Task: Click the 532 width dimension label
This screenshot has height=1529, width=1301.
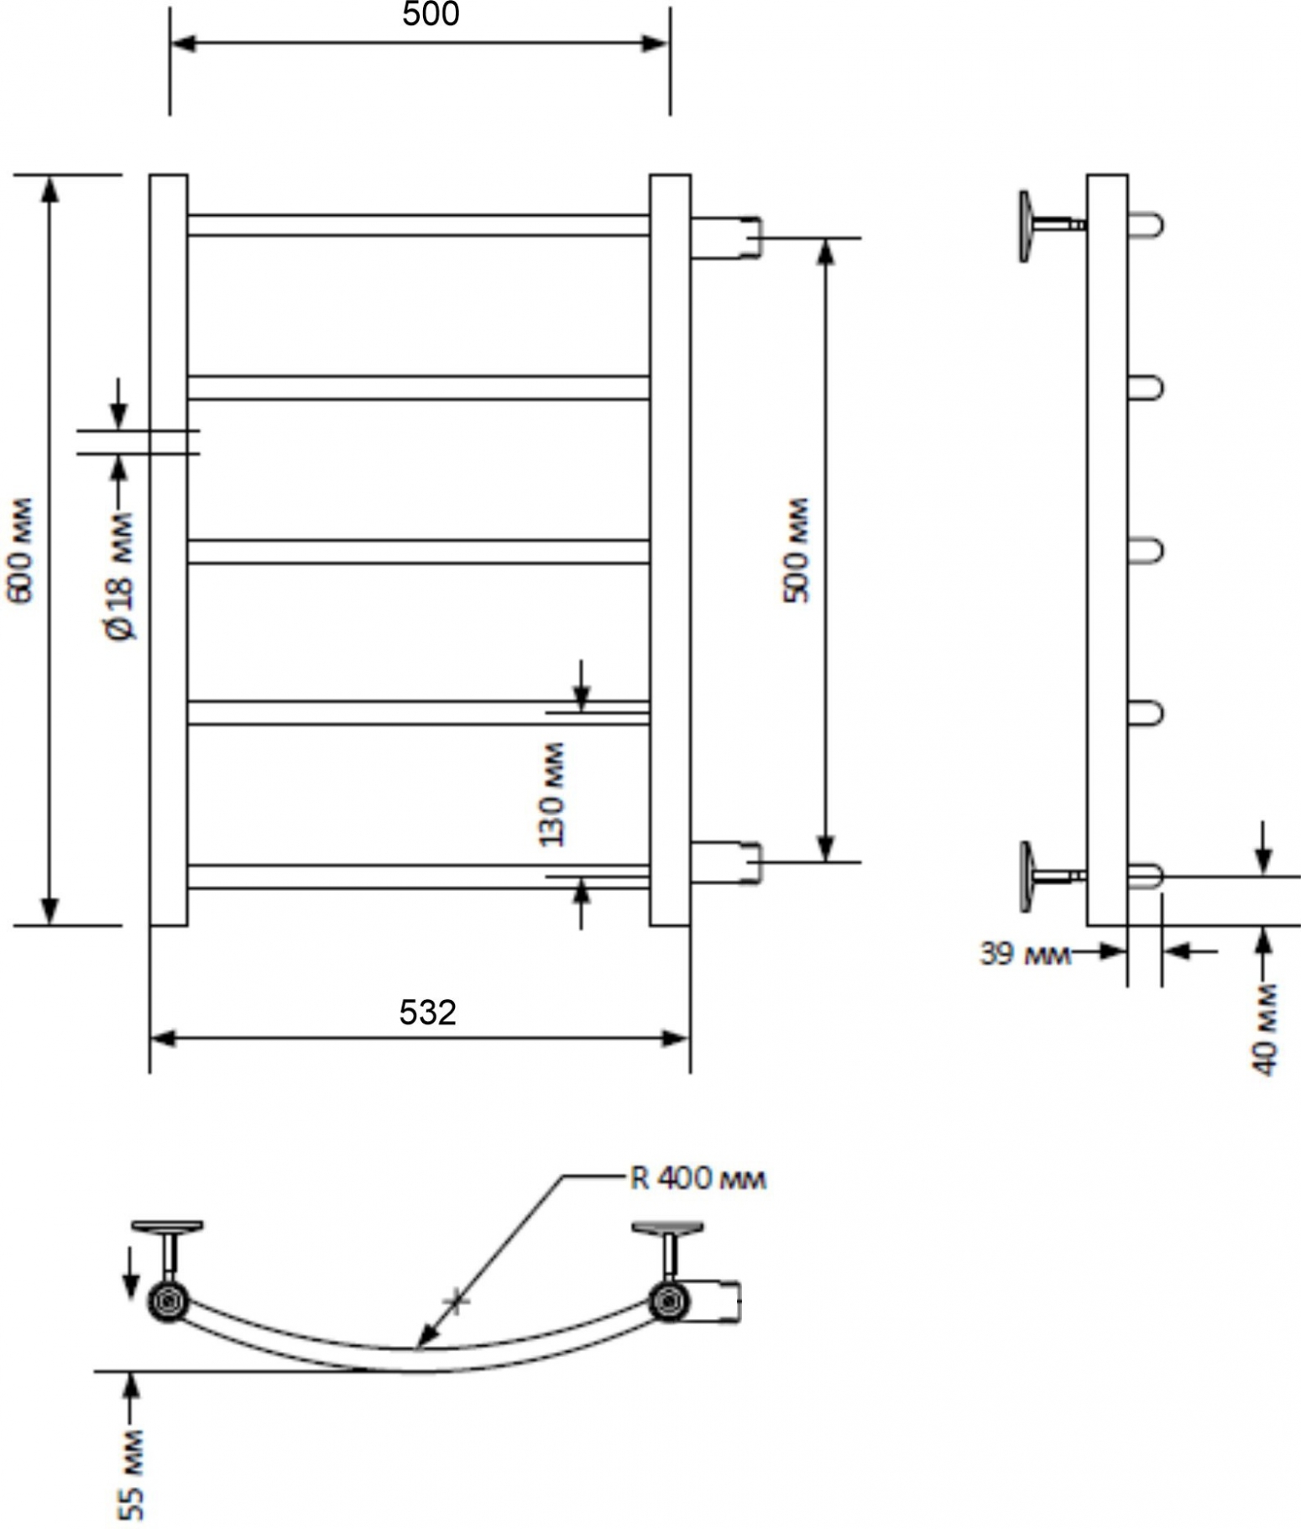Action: pyautogui.click(x=428, y=1013)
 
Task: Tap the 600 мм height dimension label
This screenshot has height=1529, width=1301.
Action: pyautogui.click(x=20, y=551)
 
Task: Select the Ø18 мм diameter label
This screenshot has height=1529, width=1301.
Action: pyautogui.click(x=121, y=576)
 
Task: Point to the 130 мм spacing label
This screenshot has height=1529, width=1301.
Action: pyautogui.click(x=551, y=794)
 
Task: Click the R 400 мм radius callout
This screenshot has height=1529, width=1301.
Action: pyautogui.click(x=698, y=1179)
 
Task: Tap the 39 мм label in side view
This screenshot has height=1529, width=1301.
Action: pyautogui.click(x=1025, y=954)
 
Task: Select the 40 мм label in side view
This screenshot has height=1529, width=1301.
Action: pyautogui.click(x=1265, y=1029)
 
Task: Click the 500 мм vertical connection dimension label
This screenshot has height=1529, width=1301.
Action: pyautogui.click(x=797, y=551)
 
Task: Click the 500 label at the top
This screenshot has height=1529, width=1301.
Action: pyautogui.click(x=431, y=14)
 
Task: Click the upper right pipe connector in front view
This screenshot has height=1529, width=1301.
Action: pyautogui.click(x=727, y=238)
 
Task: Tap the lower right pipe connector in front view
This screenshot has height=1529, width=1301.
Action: pyautogui.click(x=727, y=862)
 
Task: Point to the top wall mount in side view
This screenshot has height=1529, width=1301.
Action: pyautogui.click(x=1052, y=226)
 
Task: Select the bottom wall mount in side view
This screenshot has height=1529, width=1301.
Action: pyautogui.click(x=1052, y=877)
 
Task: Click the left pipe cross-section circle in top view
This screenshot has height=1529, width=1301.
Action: pyautogui.click(x=169, y=1302)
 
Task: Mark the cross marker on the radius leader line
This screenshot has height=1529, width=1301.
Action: pyautogui.click(x=456, y=1301)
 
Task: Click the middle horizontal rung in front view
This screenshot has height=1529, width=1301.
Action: pyautogui.click(x=419, y=552)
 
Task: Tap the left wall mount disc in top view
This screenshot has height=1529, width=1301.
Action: pyautogui.click(x=169, y=1228)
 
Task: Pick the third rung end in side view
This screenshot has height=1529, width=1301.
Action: pyautogui.click(x=1146, y=551)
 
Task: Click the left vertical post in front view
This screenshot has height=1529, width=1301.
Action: pyautogui.click(x=169, y=550)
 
